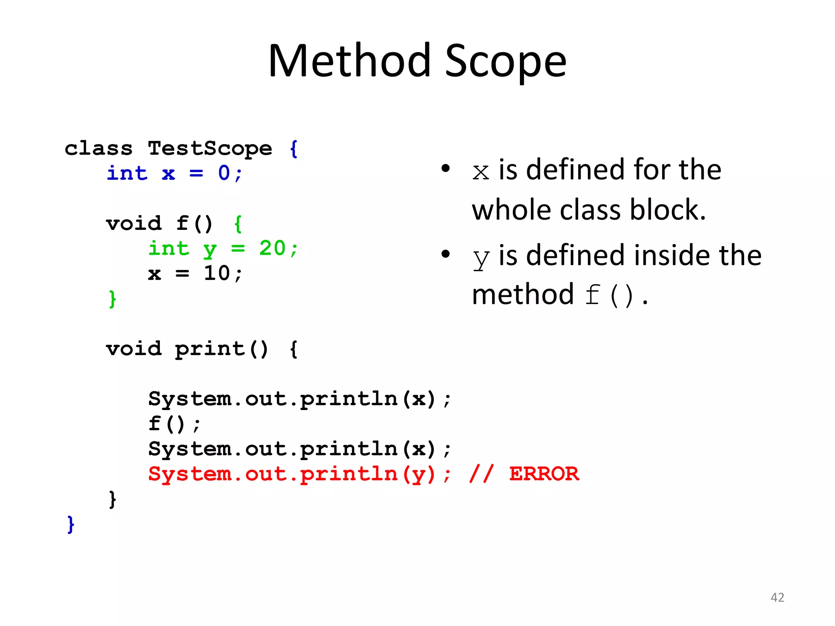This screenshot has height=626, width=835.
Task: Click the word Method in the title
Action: point(349,61)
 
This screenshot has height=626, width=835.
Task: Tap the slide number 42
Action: point(777,597)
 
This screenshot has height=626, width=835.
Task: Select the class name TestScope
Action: point(210,148)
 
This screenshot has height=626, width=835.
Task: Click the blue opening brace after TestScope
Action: point(294,149)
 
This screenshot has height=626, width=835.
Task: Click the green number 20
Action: point(272,248)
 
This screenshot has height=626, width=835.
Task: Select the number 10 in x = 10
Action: point(217,273)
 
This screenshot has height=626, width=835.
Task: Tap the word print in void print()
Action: point(210,349)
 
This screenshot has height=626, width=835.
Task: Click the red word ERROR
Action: point(544,474)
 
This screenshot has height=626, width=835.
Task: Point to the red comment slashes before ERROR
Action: point(481,474)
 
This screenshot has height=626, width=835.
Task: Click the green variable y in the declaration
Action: point(210,249)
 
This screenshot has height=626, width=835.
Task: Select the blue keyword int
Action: point(127,173)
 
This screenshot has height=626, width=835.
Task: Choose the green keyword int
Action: point(169,248)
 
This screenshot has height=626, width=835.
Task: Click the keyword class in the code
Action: point(99,148)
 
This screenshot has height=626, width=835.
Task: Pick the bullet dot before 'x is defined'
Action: point(446,168)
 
